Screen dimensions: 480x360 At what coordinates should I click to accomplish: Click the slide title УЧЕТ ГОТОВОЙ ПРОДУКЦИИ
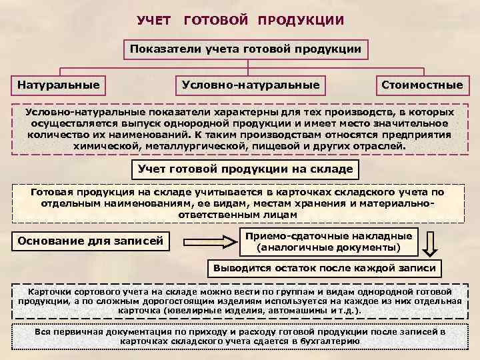point(241,21)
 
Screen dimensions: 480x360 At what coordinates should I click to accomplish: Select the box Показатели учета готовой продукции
point(245,49)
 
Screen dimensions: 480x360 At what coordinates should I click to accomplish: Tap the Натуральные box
point(59,85)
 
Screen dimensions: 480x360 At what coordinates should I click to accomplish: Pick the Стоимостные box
point(421,85)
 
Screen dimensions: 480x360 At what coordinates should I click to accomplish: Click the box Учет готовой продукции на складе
point(245,169)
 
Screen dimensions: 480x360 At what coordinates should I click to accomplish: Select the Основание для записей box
point(91,240)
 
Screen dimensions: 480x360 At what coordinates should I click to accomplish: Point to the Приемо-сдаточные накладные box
point(329,236)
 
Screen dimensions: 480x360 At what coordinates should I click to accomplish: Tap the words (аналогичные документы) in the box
point(329,247)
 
